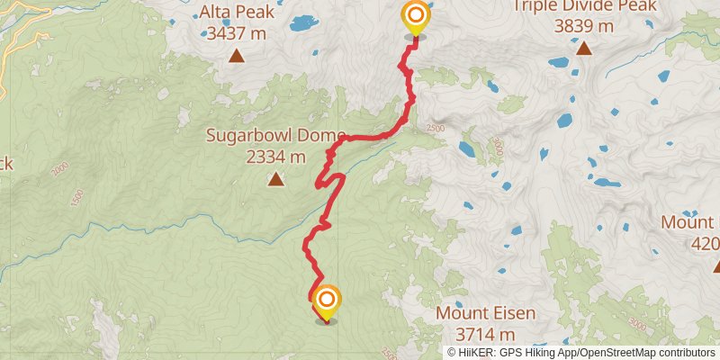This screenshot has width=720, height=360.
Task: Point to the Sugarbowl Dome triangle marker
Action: pyautogui.click(x=274, y=179)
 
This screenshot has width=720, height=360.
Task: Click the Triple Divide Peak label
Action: pyautogui.click(x=583, y=6)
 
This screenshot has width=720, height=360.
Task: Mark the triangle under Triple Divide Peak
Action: pyautogui.click(x=583, y=48)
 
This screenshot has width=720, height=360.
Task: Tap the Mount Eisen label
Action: pyautogui.click(x=485, y=314)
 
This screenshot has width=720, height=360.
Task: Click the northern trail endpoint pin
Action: pyautogui.click(x=415, y=17)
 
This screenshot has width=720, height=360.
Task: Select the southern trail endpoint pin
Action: pyautogui.click(x=327, y=301)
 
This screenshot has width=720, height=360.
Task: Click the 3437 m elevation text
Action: pyautogui.click(x=237, y=34)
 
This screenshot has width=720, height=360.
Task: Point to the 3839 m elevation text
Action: pyautogui.click(x=583, y=26)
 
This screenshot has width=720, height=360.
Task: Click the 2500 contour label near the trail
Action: pyautogui.click(x=436, y=129)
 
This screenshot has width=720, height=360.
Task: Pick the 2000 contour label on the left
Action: pyautogui.click(x=60, y=170)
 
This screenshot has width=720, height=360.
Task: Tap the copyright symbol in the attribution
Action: pyautogui.click(x=453, y=353)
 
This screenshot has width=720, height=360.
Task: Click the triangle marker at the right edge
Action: pyautogui.click(x=717, y=265)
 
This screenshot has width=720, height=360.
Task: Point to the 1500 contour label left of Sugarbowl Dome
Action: pyautogui.click(x=76, y=195)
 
